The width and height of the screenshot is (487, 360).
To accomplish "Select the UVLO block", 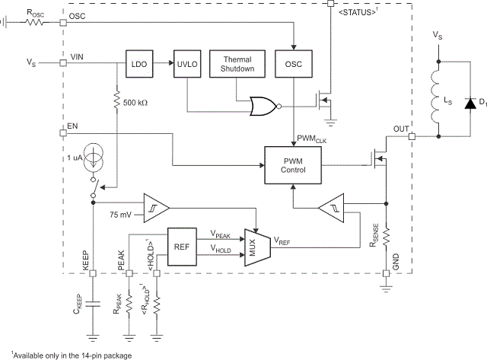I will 186,64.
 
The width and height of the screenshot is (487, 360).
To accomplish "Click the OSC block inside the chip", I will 294,64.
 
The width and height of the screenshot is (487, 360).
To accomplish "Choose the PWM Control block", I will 293,164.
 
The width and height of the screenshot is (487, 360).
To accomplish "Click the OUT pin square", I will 412,136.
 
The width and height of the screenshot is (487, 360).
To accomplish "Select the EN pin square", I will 62,132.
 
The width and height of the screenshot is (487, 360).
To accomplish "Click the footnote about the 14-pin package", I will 68,354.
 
